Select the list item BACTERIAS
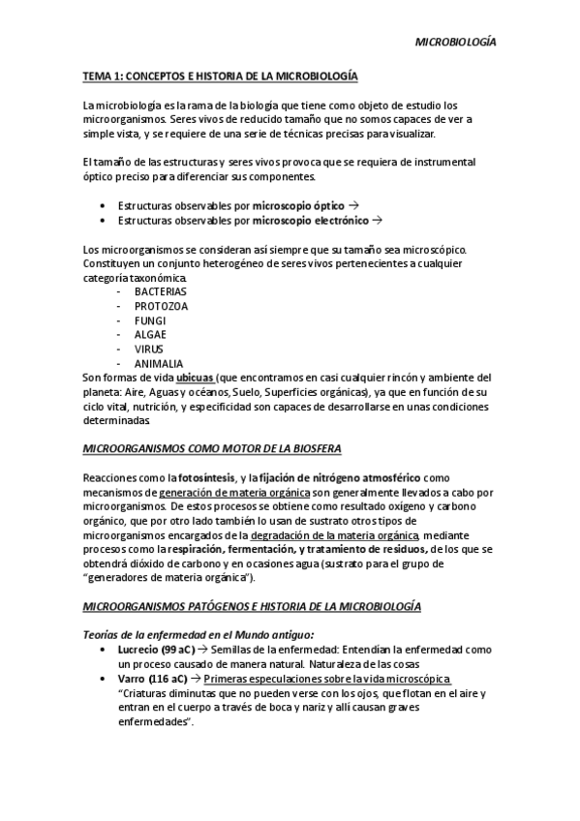pyautogui.click(x=161, y=291)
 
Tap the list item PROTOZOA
pyautogui.click(x=161, y=306)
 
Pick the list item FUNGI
pyautogui.click(x=151, y=320)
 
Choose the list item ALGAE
pyautogui.click(x=151, y=335)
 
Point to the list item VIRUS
pyautogui.click(x=150, y=350)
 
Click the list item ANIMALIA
pyautogui.click(x=159, y=364)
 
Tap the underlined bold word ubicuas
pyautogui.click(x=195, y=378)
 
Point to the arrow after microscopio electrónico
pyautogui.click(x=378, y=221)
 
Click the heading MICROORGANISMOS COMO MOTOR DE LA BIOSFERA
pyautogui.click(x=211, y=449)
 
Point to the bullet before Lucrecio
pyautogui.click(x=104, y=651)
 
